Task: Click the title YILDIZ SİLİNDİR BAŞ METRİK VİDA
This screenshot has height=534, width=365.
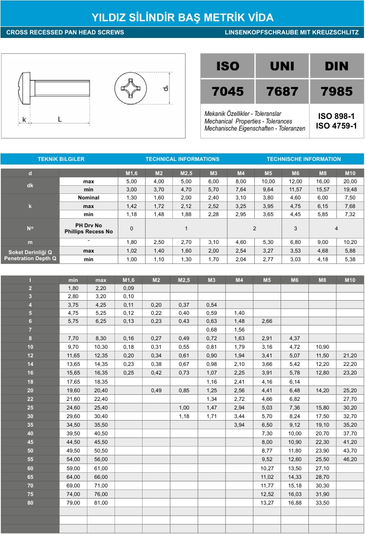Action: pyautogui.click(x=182, y=18)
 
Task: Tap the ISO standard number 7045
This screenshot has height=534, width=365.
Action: pyautogui.click(x=227, y=91)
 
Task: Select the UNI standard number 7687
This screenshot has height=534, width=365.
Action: pyautogui.click(x=282, y=91)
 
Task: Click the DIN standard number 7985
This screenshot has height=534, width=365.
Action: pyautogui.click(x=336, y=91)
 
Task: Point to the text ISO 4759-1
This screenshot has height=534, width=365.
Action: pyautogui.click(x=336, y=126)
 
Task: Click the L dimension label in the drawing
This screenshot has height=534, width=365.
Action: pyautogui.click(x=60, y=120)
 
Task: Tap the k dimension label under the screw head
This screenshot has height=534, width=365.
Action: pyautogui.click(x=24, y=120)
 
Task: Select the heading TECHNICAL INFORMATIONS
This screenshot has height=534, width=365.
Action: pyautogui.click(x=182, y=159)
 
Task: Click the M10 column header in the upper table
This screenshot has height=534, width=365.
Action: pyautogui.click(x=350, y=173)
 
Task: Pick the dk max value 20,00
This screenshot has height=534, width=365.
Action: pyautogui.click(x=350, y=181)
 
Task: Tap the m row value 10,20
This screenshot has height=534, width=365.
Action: pyautogui.click(x=350, y=242)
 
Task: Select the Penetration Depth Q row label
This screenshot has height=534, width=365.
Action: pyautogui.click(x=30, y=259)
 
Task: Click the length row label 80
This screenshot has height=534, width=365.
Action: pyautogui.click(x=30, y=503)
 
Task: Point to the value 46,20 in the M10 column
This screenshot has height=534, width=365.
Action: pyautogui.click(x=350, y=460)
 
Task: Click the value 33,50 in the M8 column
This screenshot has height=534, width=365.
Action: pyautogui.click(x=322, y=503)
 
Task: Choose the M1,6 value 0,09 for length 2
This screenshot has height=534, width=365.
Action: pyautogui.click(x=128, y=287)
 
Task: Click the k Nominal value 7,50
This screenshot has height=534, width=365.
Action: pyautogui.click(x=350, y=197)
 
